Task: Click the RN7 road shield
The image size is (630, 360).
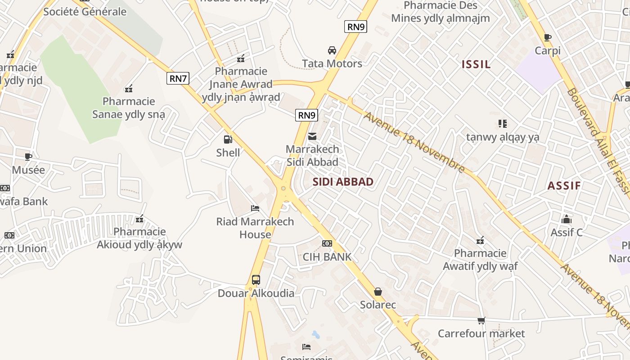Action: [178, 78]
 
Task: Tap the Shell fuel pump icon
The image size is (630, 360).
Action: [228, 139]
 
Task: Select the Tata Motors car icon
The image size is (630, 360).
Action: [332, 50]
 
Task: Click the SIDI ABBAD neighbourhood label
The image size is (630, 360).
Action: [343, 182]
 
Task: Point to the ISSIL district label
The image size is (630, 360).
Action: [476, 64]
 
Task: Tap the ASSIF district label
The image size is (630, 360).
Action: [564, 185]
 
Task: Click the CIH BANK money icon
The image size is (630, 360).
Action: [327, 243]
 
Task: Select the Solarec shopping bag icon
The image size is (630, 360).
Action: [378, 292]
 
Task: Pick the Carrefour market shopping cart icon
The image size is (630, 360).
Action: [481, 320]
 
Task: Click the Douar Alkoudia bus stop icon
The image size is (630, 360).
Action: [256, 279]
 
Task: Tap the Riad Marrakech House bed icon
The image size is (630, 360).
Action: [255, 208]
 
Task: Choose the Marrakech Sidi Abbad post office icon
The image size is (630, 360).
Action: [312, 136]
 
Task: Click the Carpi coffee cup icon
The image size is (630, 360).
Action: [548, 37]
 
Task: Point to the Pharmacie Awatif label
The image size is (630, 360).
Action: [480, 260]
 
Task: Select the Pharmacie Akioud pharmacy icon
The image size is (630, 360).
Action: [140, 219]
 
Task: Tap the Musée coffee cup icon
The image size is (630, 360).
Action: [28, 157]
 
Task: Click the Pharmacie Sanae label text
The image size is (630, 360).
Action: [129, 108]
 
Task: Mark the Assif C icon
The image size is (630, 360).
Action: [567, 219]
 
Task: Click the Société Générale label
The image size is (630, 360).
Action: [85, 12]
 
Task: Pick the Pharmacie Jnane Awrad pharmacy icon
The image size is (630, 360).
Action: [241, 58]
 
